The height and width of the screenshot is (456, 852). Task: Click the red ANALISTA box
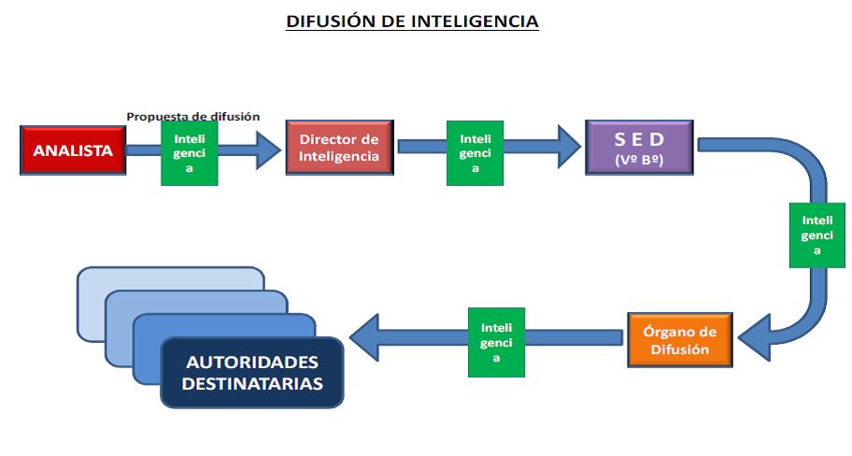click(x=73, y=150)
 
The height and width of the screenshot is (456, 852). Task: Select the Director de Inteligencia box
click(x=340, y=148)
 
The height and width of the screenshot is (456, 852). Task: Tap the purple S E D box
click(x=639, y=147)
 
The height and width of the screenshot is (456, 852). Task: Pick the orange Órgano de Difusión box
click(x=682, y=341)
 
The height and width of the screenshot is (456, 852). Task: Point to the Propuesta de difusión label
click(x=193, y=117)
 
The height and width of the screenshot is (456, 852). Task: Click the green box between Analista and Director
click(x=190, y=152)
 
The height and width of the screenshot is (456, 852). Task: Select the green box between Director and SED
click(x=476, y=152)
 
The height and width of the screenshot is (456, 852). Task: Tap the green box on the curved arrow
click(x=817, y=235)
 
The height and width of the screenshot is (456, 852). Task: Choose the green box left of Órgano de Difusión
click(x=496, y=342)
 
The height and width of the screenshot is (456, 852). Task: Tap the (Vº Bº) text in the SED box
click(x=639, y=160)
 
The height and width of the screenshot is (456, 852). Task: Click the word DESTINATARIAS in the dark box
click(x=252, y=384)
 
